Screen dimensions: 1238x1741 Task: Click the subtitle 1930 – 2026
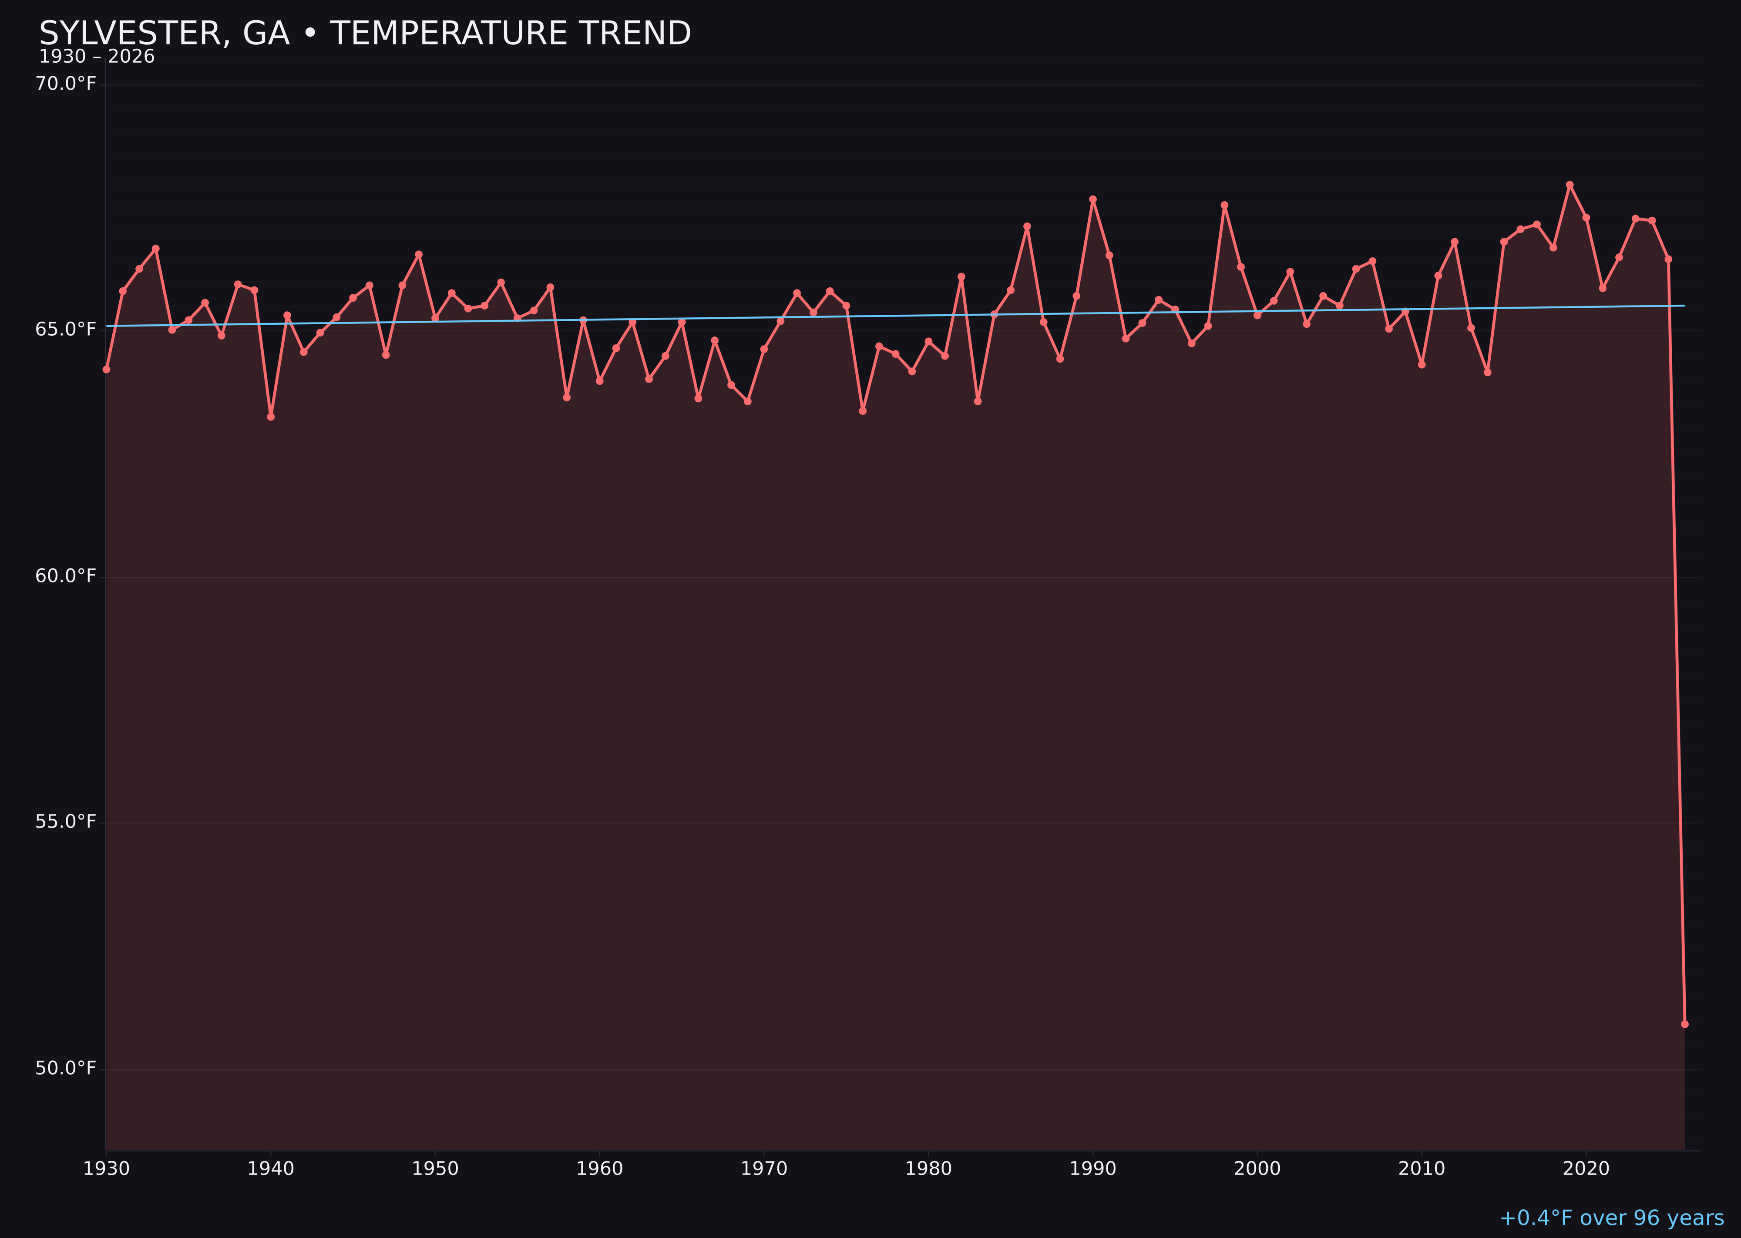click(97, 57)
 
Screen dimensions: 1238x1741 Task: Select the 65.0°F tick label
click(66, 330)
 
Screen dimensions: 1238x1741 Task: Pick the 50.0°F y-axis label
click(66, 1068)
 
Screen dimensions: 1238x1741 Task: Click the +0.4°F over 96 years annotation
click(1611, 1218)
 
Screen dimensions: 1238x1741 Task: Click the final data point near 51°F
click(1684, 1024)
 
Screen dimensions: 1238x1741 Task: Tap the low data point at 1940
click(271, 416)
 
